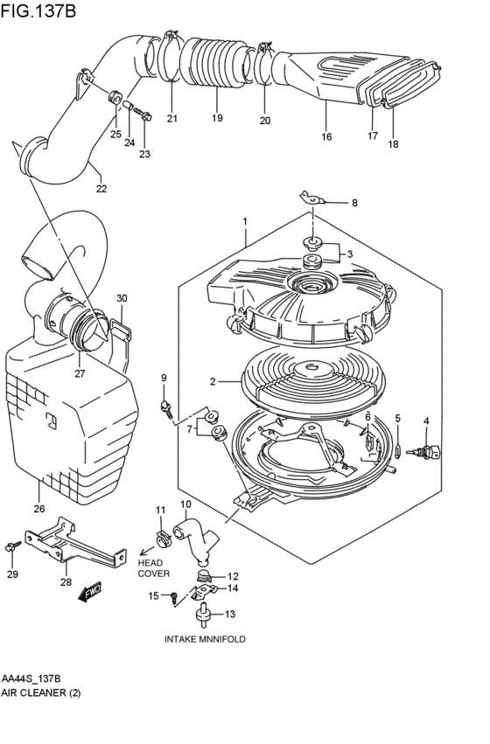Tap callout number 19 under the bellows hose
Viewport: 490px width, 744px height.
[216, 118]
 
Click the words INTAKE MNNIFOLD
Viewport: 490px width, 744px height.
[205, 639]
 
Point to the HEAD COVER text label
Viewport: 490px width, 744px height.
[152, 568]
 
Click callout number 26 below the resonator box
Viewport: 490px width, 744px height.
[38, 509]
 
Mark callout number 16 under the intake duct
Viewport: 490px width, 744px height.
[326, 137]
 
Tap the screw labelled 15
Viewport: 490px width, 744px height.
[173, 597]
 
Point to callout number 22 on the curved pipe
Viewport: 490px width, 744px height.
[101, 187]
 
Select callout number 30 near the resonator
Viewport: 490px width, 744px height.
[122, 298]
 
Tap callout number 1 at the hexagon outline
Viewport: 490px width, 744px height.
[246, 221]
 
